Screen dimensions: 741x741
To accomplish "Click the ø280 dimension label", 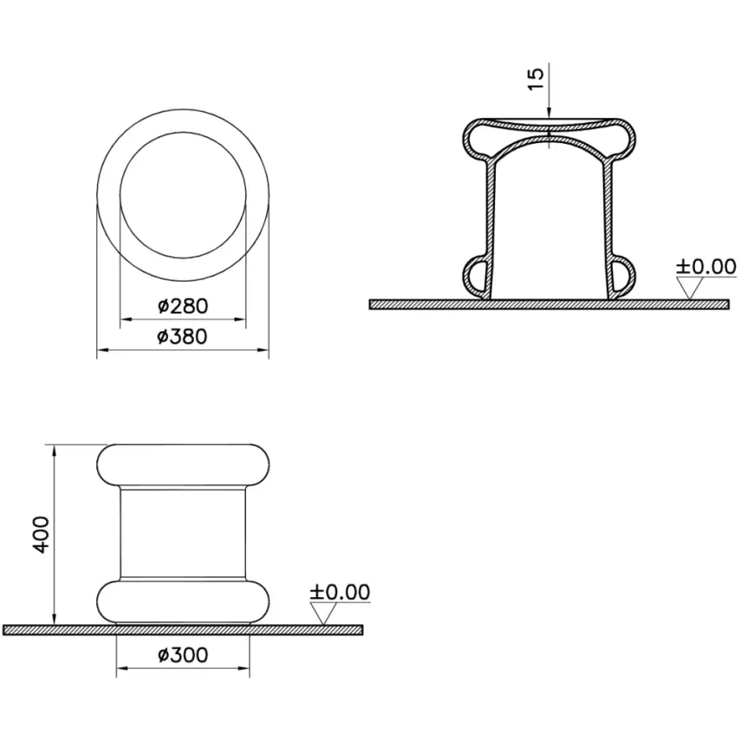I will point(183,306).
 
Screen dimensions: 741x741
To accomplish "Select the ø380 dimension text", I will point(183,336).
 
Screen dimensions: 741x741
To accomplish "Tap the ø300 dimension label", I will point(183,654).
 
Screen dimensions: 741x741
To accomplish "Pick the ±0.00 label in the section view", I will point(705,265).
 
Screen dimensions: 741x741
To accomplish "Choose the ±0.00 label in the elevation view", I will point(340,593).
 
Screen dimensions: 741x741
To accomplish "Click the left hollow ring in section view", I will point(476,276).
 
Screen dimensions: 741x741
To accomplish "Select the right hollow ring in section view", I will point(621,276).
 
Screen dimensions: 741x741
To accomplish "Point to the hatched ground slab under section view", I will point(549,304).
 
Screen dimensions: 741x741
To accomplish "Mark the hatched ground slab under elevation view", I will point(183,630).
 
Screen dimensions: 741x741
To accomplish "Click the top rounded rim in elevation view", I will point(183,465).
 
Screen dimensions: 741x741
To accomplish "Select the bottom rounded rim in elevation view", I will point(183,601).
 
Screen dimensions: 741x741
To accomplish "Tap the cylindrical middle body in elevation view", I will point(183,532).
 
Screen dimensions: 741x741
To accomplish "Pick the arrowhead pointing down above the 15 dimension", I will point(549,112).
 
